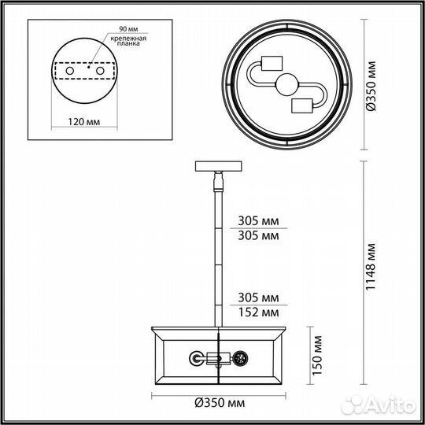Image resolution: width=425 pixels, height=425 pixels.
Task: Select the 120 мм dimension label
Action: [x=83, y=124]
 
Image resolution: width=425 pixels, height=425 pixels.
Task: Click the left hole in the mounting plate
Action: [x=69, y=71]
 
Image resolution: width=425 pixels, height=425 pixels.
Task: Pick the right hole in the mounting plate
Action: [x=101, y=71]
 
